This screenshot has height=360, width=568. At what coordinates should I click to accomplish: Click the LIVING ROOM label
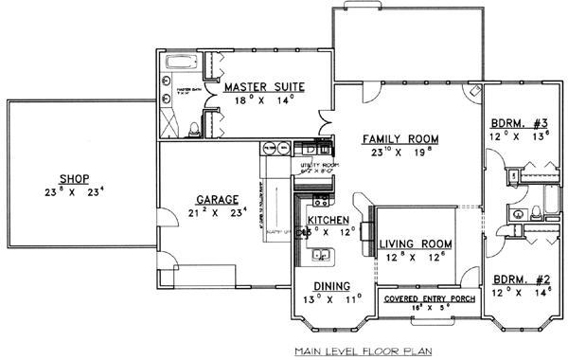coord(415,243)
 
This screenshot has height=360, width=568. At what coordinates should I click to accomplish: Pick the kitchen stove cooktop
coord(319,201)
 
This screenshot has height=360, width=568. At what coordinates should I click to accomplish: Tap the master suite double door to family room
coord(326,123)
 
